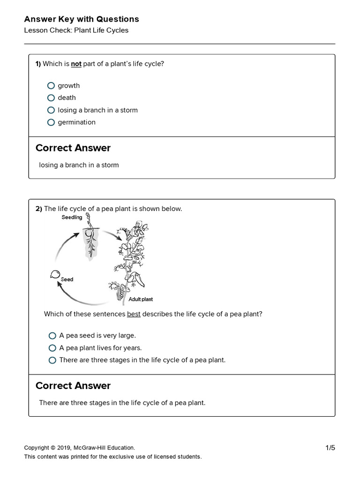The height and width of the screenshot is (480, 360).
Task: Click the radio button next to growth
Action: [51, 86]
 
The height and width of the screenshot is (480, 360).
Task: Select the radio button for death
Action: [51, 98]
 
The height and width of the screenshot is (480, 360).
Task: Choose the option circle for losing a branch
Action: [51, 110]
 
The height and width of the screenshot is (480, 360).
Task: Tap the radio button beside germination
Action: [51, 122]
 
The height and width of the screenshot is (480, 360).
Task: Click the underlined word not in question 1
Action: [76, 64]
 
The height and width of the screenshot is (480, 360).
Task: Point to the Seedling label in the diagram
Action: [72, 217]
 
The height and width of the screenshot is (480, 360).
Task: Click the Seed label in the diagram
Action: [67, 279]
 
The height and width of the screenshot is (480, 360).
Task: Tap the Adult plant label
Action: [141, 299]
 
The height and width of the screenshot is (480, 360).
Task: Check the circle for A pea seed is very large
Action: [52, 336]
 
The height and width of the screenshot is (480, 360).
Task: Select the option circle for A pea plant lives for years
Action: [52, 348]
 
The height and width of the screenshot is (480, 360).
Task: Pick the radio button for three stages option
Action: [52, 360]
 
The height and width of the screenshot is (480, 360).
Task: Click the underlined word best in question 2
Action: [134, 314]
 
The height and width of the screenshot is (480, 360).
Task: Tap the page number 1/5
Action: [330, 448]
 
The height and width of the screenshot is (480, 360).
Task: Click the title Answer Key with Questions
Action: [82, 19]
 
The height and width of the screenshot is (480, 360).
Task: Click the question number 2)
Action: [39, 209]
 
